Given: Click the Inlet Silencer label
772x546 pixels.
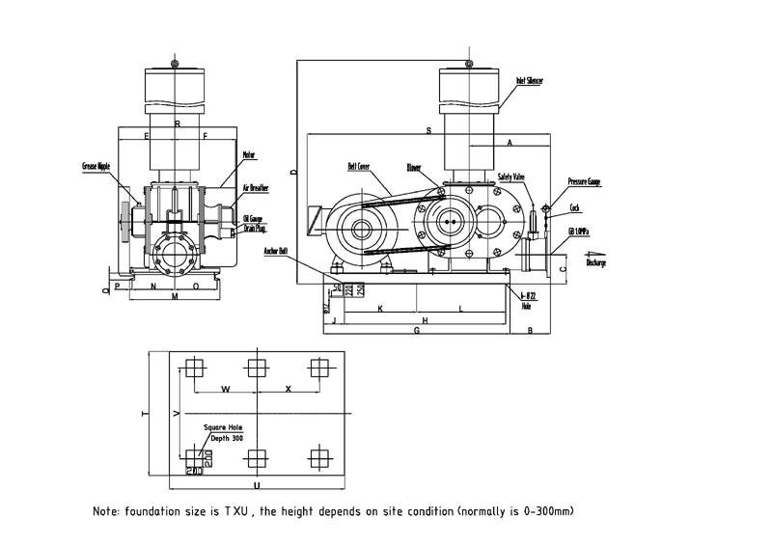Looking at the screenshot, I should point(530,82).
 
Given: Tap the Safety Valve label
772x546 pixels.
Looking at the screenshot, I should point(511,177).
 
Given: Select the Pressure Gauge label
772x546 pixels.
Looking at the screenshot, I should point(586,180).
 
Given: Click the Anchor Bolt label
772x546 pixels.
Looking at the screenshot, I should point(277,250).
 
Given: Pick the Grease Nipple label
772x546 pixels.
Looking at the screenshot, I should point(96,166).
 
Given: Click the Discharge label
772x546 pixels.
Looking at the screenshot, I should point(595,262).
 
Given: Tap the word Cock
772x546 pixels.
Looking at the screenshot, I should point(574,207).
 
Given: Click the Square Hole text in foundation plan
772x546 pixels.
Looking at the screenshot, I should point(223,427).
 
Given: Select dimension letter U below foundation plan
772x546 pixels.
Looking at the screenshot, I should point(256,485).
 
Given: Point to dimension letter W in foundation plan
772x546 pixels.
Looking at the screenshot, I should point(225,388).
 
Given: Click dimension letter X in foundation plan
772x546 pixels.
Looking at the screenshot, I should point(288,388).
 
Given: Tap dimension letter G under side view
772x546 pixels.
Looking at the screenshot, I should point(416,331).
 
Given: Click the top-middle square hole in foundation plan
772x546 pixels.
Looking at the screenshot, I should point(256,368).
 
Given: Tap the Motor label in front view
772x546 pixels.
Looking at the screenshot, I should point(248,152).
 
